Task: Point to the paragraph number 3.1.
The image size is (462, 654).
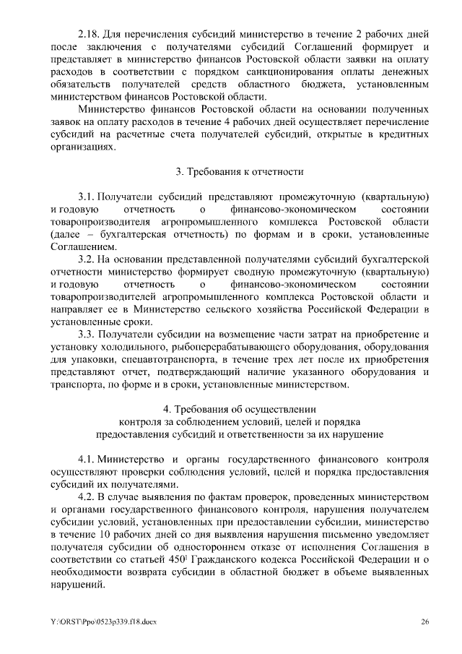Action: click(86, 197)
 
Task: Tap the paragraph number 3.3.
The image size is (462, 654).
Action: click(86, 334)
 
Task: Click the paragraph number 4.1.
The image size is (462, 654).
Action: click(86, 459)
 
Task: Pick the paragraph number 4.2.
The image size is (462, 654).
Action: click(86, 496)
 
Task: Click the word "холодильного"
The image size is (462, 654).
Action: click(132, 347)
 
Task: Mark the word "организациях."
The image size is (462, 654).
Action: click(84, 147)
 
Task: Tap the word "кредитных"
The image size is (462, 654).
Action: click(404, 134)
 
